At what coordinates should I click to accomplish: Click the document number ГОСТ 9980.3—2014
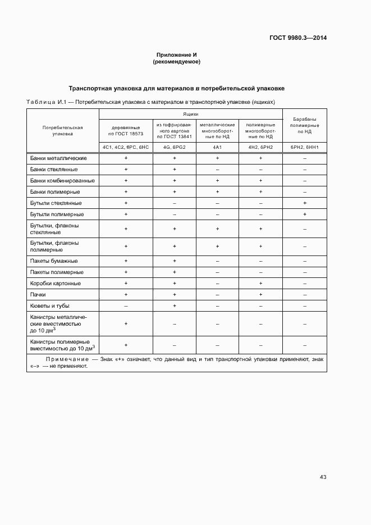point(298,38)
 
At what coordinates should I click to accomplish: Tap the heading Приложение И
point(177,55)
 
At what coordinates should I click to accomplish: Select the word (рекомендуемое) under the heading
point(177,62)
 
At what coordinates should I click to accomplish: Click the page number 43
point(323,477)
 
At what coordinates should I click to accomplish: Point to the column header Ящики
point(191,113)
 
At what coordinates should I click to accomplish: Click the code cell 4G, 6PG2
point(175,147)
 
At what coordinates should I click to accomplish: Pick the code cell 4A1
point(217,147)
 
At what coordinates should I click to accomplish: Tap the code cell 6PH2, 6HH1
point(304,147)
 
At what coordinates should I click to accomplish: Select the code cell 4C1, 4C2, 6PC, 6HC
point(126,147)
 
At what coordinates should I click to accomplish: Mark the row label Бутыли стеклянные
point(56,203)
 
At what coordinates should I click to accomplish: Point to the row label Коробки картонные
point(56,284)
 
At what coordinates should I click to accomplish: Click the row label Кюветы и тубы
point(50,305)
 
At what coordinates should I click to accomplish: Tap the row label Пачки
point(39,294)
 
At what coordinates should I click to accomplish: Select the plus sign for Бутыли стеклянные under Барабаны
point(304,203)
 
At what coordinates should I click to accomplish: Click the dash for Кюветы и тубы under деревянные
point(126,305)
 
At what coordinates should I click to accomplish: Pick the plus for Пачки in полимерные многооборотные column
point(260,294)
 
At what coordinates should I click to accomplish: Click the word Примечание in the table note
point(67,358)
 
